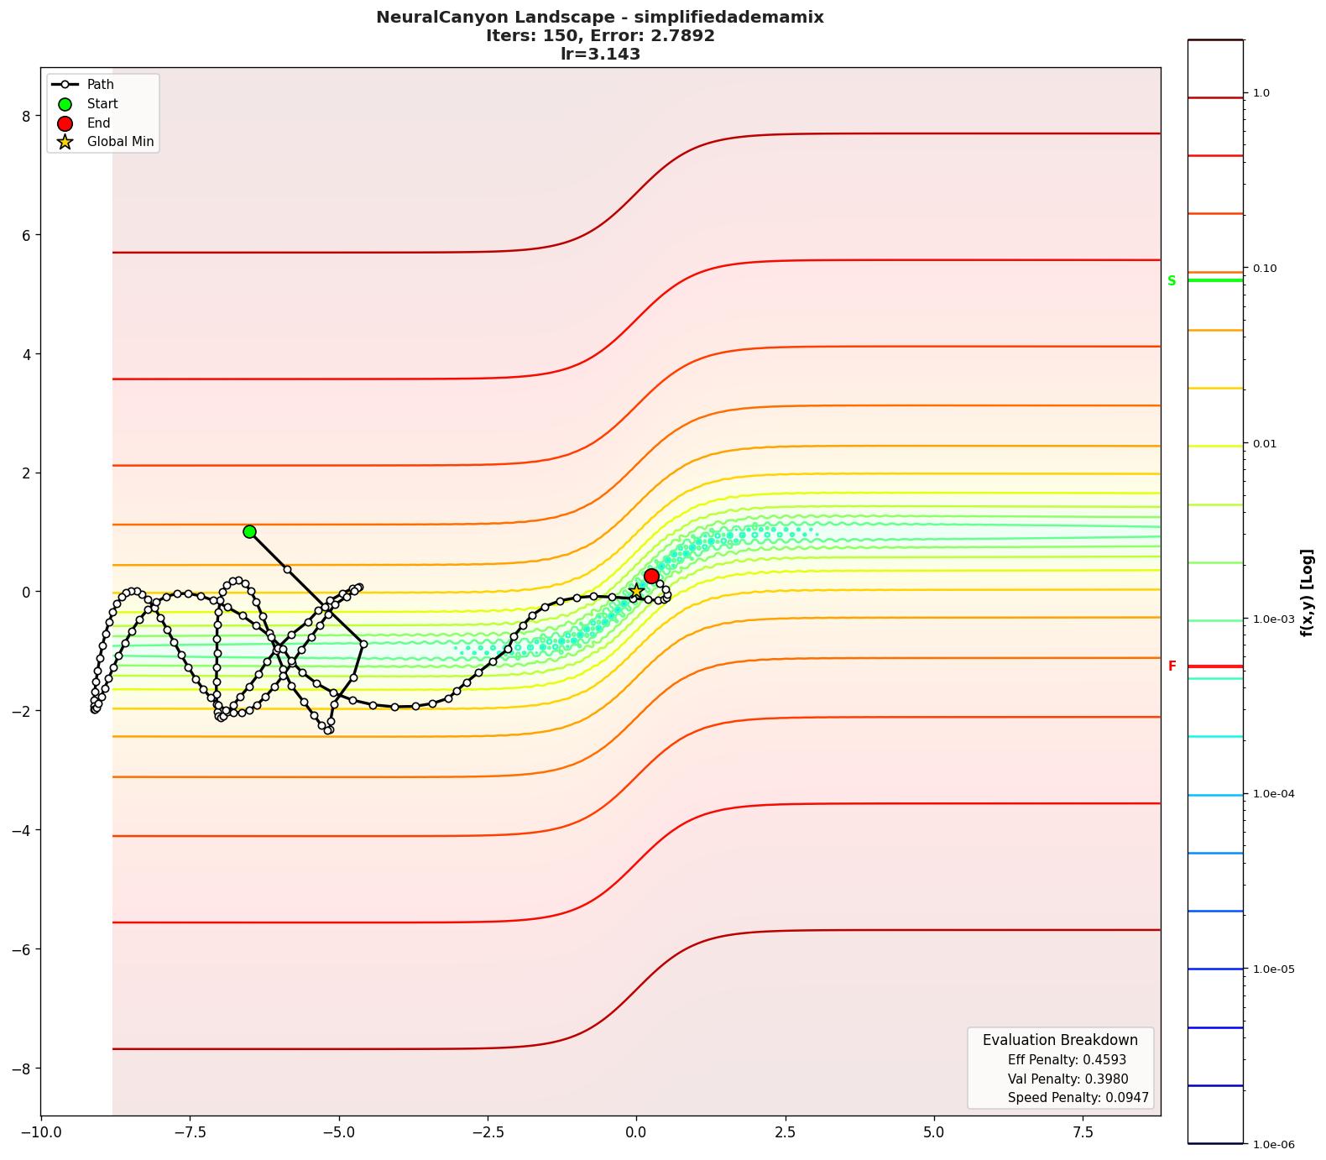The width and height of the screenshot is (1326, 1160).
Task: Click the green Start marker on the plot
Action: click(249, 531)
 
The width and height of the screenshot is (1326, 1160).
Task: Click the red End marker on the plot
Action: click(651, 576)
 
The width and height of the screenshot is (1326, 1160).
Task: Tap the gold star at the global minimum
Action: click(636, 592)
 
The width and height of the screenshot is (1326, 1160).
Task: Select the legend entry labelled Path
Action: click(100, 85)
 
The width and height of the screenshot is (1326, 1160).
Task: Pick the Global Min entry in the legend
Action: click(120, 142)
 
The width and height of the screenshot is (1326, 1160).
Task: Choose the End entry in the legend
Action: click(98, 123)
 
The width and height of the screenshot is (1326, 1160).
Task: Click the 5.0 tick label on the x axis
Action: click(933, 1131)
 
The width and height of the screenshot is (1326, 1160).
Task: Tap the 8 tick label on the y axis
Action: click(26, 116)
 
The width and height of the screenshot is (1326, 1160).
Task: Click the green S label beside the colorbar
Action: click(1172, 280)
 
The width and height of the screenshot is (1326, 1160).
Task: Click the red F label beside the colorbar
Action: click(1172, 666)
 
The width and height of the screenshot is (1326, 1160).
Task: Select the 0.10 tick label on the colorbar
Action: click(1266, 269)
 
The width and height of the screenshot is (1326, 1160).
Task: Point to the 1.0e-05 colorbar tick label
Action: click(1273, 969)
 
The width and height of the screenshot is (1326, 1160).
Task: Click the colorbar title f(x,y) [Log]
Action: click(1307, 592)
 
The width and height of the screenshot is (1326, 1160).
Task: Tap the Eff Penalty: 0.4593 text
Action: click(1067, 1060)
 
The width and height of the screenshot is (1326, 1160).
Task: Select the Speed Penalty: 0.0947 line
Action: click(1078, 1098)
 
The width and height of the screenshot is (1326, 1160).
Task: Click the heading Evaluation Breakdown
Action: click(1060, 1040)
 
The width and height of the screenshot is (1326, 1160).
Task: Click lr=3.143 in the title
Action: click(600, 55)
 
